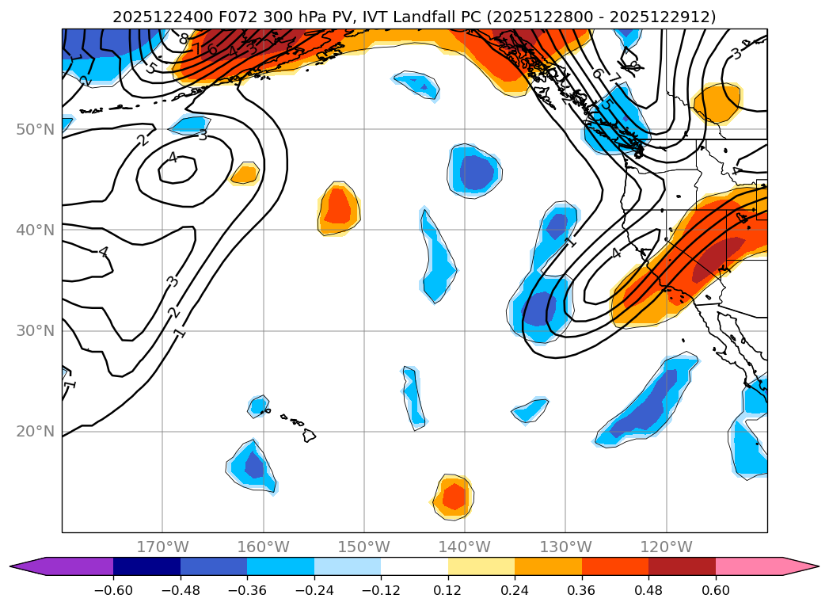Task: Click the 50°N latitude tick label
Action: [x=35, y=129]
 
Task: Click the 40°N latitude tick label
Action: [x=35, y=230]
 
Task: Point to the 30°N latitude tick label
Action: [x=35, y=330]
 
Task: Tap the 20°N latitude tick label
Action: [x=35, y=431]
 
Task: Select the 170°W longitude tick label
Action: [x=162, y=547]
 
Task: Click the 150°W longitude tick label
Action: [x=363, y=547]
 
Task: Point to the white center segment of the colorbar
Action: [x=414, y=566]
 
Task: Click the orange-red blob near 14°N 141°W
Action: [x=454, y=497]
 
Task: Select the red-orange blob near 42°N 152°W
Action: [x=338, y=205]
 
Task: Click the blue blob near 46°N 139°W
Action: [x=476, y=170]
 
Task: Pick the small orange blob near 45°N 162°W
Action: [x=245, y=173]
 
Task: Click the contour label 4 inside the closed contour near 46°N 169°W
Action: [x=173, y=158]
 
